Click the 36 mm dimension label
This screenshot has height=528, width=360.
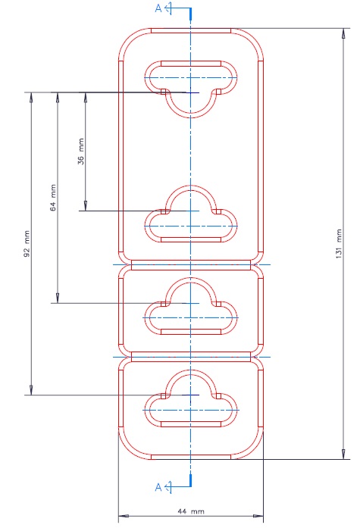tap(81, 152)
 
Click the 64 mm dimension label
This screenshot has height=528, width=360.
tap(53, 198)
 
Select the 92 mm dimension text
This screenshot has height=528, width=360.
tap(27, 243)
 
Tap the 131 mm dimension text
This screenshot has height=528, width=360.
tap(339, 244)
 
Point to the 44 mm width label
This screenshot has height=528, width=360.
tap(191, 511)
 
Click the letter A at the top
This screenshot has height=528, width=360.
tap(158, 8)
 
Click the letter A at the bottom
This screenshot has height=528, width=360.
tap(158, 487)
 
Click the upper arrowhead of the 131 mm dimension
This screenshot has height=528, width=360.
tap(343, 33)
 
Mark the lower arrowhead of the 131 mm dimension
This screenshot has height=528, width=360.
tap(343, 455)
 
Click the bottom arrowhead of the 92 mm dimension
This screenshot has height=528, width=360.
tap(31, 390)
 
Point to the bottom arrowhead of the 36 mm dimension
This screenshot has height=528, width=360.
tap(85, 206)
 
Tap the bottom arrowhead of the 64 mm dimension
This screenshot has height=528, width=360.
tap(58, 298)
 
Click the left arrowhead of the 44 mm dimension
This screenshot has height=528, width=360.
tap(124, 516)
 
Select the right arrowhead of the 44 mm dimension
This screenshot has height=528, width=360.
tap(258, 516)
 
